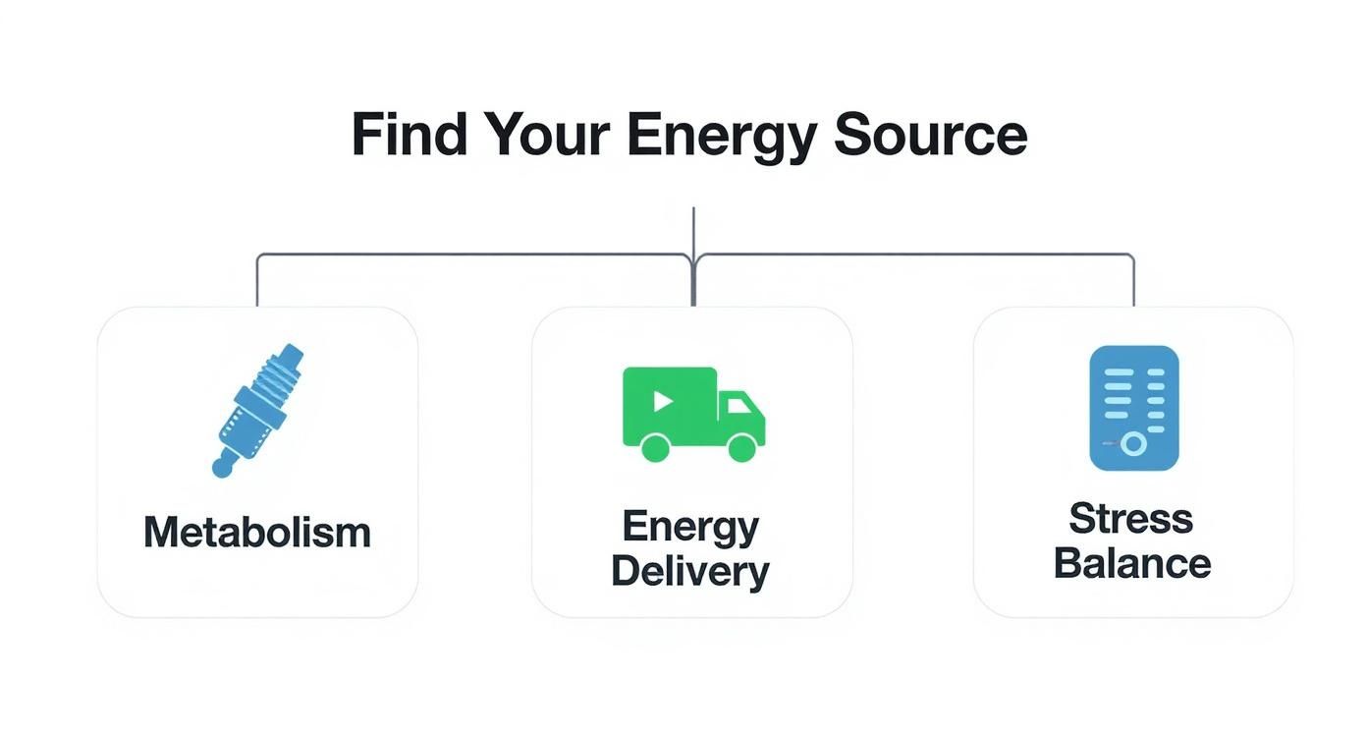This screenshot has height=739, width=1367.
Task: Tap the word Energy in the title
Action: (x=722, y=135)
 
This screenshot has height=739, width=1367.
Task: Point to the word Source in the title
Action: (x=930, y=135)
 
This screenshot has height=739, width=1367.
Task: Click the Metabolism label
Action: (x=257, y=533)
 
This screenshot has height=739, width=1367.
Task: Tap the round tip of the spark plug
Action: (x=223, y=468)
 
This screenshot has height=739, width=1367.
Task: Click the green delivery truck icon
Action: (x=693, y=413)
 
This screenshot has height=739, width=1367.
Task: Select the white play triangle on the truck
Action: (x=663, y=400)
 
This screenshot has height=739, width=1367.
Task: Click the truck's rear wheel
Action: (x=655, y=447)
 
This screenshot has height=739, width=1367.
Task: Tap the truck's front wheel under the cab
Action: (x=742, y=447)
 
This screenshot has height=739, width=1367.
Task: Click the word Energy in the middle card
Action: (x=690, y=527)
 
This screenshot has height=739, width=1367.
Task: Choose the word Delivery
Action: (x=690, y=571)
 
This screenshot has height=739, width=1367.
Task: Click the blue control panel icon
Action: (x=1133, y=407)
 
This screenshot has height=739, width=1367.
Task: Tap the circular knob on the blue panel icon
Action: (x=1133, y=444)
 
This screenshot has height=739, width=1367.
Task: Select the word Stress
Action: (x=1131, y=518)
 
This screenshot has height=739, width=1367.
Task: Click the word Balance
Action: (x=1131, y=564)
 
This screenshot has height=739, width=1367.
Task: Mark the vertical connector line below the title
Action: (x=693, y=231)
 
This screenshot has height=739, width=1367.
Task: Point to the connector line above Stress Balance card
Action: (x=1134, y=285)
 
